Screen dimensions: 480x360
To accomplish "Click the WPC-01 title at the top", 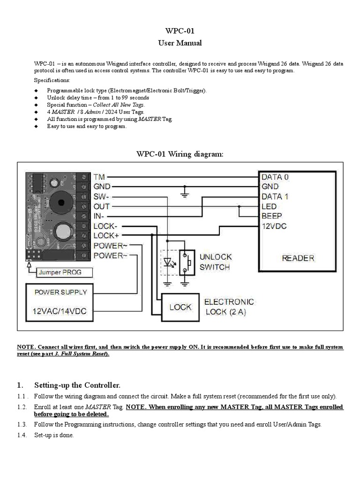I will click(x=180, y=31).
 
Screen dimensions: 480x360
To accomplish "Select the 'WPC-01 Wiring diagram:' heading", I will click(x=180, y=154).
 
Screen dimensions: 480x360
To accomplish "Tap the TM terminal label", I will click(x=99, y=177).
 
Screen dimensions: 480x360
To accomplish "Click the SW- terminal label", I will click(x=102, y=197).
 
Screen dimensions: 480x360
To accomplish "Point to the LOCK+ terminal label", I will click(x=106, y=236).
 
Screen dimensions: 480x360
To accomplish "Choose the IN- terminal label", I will click(x=100, y=217).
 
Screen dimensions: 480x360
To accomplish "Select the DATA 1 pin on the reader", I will click(x=275, y=197).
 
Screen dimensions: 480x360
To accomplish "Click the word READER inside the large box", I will click(x=298, y=258).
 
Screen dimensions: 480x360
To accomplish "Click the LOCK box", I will click(x=180, y=307).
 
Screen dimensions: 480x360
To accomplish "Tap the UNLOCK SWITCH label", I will click(x=215, y=262).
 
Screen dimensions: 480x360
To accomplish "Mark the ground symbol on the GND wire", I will click(x=184, y=191).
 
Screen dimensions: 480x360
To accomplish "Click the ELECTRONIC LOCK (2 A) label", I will click(x=229, y=307).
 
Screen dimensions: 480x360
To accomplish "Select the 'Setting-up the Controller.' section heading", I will click(x=77, y=385).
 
